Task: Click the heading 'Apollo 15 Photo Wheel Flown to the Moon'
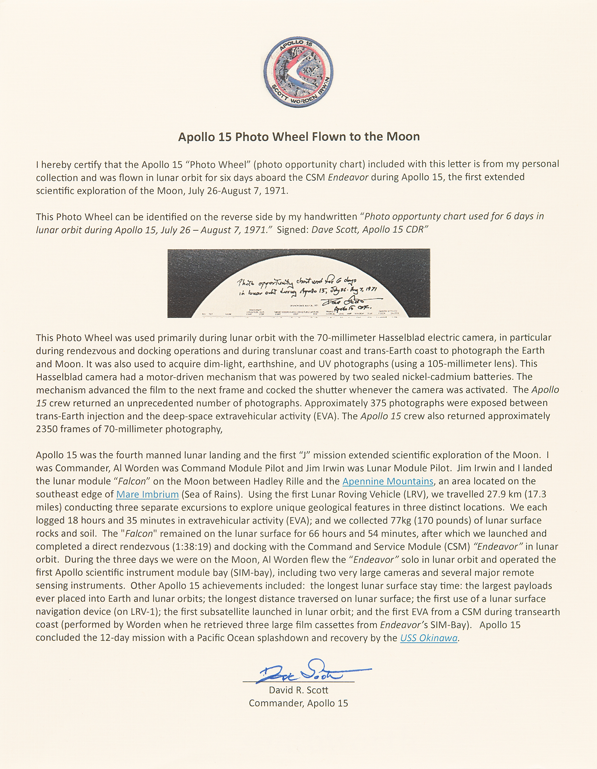click(298, 136)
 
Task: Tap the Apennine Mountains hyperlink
click(387, 481)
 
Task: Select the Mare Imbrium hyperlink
click(147, 494)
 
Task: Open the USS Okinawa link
click(429, 638)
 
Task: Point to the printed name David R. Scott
click(298, 690)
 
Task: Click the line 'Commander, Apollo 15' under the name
click(298, 703)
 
